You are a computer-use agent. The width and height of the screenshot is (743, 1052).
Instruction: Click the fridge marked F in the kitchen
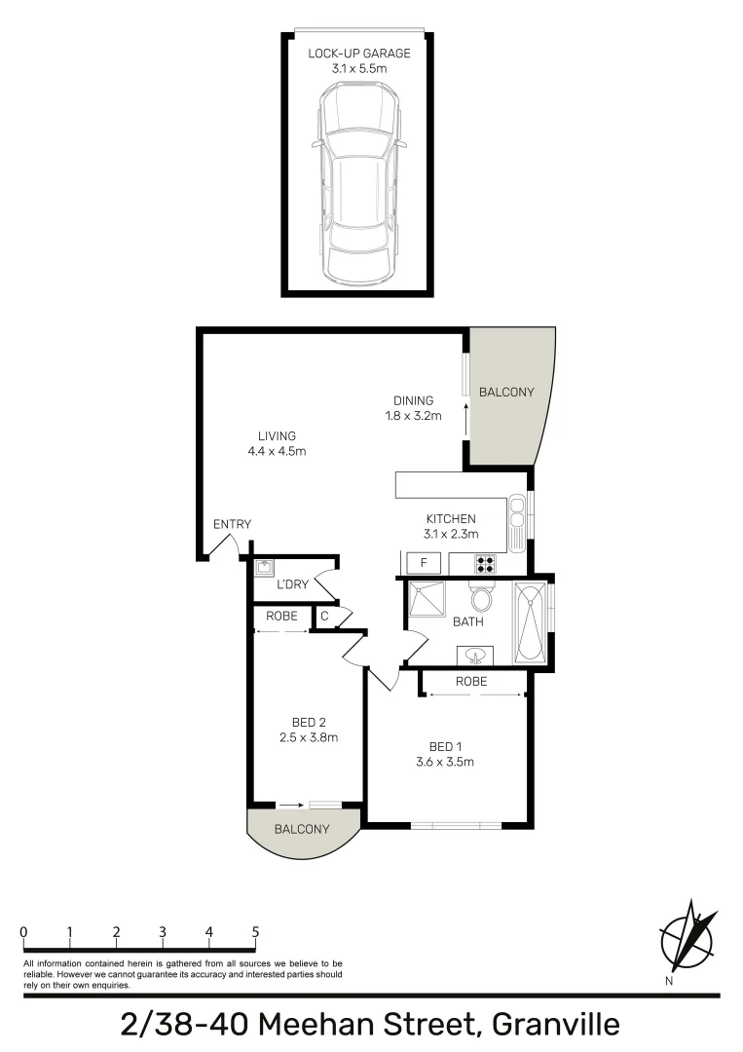(x=423, y=563)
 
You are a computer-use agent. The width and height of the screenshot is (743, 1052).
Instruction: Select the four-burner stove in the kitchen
(x=484, y=563)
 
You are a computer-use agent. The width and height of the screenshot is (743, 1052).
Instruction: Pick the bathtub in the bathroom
(x=530, y=621)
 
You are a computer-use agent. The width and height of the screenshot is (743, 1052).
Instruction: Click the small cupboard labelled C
(x=323, y=617)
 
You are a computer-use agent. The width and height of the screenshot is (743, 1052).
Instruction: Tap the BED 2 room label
(x=309, y=722)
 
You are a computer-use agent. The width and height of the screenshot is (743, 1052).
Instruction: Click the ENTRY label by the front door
(x=232, y=524)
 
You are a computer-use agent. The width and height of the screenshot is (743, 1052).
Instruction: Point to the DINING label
(x=413, y=400)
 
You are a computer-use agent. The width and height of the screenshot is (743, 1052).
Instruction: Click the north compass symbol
(x=687, y=938)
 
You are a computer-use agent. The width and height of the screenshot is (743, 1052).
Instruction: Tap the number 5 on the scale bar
(x=255, y=931)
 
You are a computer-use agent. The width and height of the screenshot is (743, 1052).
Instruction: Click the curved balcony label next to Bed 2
(x=301, y=829)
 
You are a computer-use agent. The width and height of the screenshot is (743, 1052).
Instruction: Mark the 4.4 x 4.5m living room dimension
(x=278, y=451)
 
